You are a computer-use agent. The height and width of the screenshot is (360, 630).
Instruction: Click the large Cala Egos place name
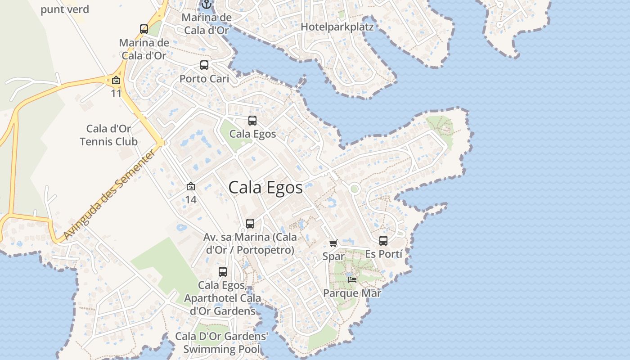pos(265,187)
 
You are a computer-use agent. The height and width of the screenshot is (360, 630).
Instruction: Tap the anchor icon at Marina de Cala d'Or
pos(207,4)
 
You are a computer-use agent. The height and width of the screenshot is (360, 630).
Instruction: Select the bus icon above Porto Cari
pos(204,65)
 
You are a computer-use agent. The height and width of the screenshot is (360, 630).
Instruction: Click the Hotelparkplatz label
pos(337,27)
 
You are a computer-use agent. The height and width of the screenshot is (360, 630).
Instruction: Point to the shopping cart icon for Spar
pos(333,243)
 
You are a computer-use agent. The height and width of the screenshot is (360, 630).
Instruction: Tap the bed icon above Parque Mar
pos(352,280)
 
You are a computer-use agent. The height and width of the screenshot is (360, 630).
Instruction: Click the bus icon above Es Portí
pos(383,241)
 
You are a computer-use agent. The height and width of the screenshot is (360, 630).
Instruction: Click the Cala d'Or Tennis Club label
pos(108,135)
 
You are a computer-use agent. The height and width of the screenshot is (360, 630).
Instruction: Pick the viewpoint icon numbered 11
pos(116,81)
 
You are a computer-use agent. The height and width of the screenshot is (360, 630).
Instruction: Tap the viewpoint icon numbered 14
pos(191,186)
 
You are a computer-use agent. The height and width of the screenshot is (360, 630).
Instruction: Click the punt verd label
pos(65,9)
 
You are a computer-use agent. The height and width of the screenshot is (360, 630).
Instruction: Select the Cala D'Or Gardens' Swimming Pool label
pos(221,343)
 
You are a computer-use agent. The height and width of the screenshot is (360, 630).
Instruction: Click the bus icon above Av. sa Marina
pos(250,224)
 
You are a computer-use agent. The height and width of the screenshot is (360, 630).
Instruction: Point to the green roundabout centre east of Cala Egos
pos(355,189)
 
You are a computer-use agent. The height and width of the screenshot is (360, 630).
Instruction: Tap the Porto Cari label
pos(204,79)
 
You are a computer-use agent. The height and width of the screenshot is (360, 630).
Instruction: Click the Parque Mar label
pos(352,293)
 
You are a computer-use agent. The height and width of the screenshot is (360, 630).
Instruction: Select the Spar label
pos(333,256)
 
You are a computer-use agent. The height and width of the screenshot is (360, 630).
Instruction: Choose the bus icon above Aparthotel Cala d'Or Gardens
pos(223,272)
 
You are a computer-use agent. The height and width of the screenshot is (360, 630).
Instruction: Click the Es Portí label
pos(383,254)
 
